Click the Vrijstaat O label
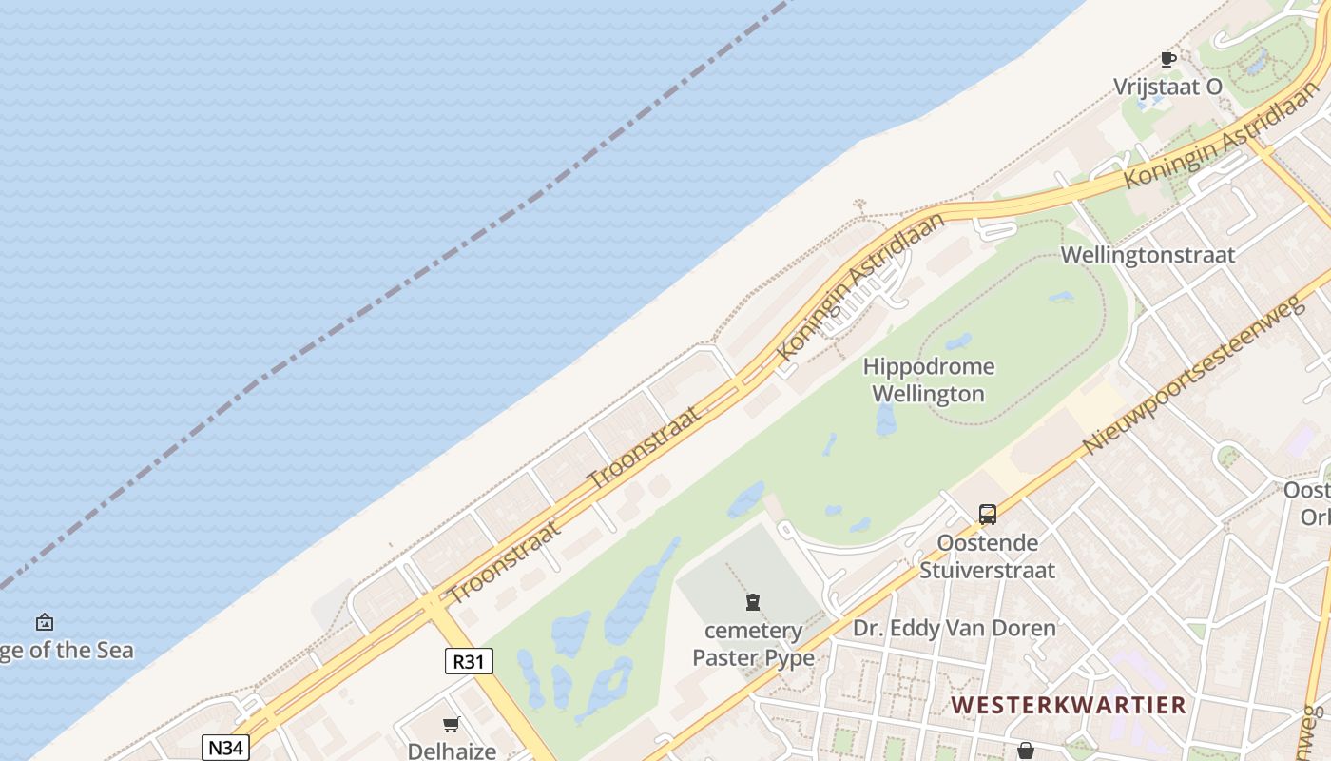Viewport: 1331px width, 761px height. coord(1167,87)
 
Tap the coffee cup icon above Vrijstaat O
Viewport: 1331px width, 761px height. coord(1168,60)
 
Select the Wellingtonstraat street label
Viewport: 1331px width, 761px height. coord(1148,255)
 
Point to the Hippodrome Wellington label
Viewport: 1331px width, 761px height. coord(929,380)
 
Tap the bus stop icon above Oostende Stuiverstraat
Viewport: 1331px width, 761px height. coord(988,515)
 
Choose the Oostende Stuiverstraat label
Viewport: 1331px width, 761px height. coord(988,556)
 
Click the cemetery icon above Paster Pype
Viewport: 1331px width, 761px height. coord(753,602)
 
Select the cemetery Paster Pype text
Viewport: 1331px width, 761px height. coord(753,644)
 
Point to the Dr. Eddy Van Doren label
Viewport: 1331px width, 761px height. coord(954,628)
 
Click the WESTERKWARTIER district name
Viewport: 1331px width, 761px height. coord(1069,705)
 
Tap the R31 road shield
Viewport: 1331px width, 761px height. coord(469,660)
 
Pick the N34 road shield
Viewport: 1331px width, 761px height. coord(225,747)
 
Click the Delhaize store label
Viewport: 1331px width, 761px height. coord(452,751)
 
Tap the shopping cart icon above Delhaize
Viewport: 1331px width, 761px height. coord(452,725)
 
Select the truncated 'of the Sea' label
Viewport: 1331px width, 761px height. coord(67,651)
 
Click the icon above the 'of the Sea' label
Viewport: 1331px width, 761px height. coord(45,623)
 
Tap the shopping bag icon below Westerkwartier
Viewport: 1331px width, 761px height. coord(1025,751)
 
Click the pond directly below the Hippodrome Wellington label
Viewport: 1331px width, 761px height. coord(886,420)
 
